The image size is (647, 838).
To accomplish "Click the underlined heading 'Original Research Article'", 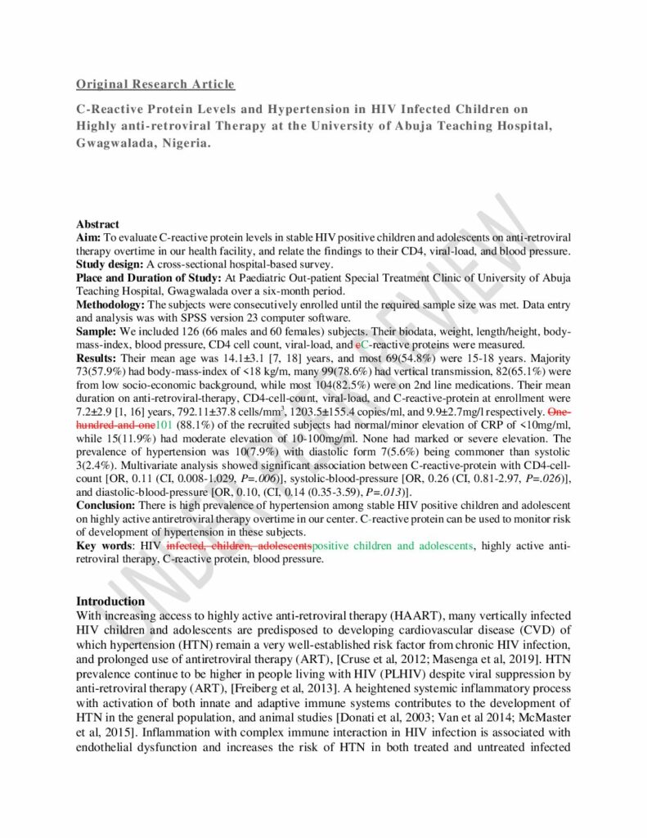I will pos(155,84).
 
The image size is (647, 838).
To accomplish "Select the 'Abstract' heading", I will pos(97,224).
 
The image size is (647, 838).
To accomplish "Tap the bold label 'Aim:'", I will pos(89,236).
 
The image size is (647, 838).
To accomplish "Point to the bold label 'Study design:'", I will pos(110,264).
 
